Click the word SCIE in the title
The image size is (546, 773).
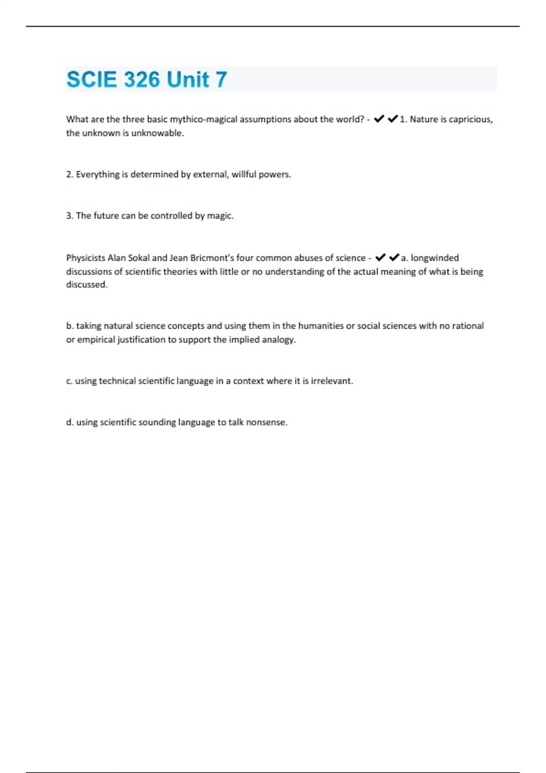(91, 80)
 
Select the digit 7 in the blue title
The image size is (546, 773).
(221, 80)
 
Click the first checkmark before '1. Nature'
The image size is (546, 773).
(379, 119)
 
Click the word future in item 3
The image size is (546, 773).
(106, 216)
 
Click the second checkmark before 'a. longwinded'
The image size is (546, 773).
(394, 258)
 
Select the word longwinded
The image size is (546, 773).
(435, 258)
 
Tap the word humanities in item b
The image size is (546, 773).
(321, 326)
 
